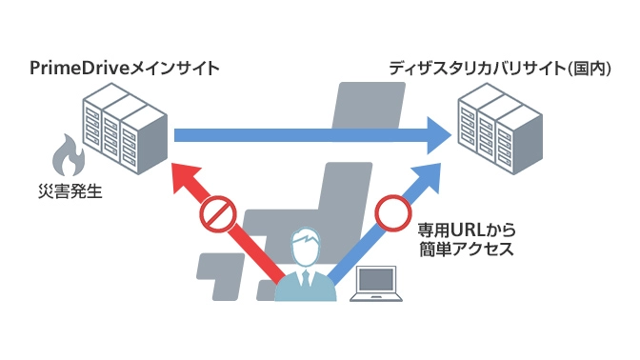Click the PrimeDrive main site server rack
coord(125,129)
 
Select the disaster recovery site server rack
coord(500,129)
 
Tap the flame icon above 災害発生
coord(69,155)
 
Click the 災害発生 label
coord(70,191)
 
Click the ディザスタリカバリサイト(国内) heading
coord(500,69)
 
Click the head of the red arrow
coord(185,177)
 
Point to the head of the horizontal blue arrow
coord(439,135)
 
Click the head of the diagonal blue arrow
coord(428,177)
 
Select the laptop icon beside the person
coord(376,284)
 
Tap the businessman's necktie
coord(306,278)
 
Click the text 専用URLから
coord(467,230)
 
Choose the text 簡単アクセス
coord(467,249)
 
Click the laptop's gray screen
coord(376,280)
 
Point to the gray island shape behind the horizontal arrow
coord(369,106)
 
